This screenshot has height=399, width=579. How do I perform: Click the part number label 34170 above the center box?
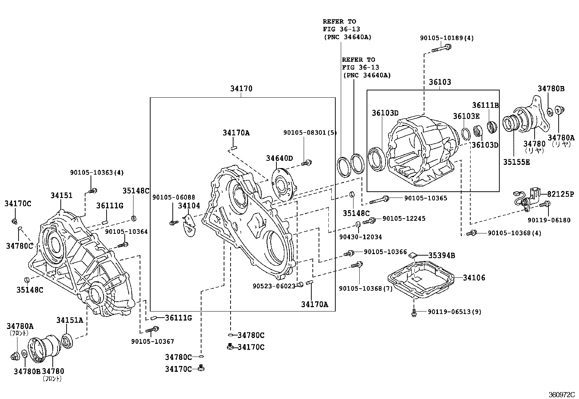241,89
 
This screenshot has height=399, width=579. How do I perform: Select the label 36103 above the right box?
439,82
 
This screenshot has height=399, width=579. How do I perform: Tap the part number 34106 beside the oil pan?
474,278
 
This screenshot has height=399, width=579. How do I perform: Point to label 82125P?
560,194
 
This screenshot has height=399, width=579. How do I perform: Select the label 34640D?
279,158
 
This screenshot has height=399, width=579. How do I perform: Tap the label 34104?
189,206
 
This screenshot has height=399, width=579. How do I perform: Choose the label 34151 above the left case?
61,195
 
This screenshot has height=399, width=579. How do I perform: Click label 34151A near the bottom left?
69,320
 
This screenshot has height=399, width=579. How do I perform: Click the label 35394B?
441,256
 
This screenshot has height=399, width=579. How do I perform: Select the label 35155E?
516,162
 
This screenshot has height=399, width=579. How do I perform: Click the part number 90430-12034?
360,237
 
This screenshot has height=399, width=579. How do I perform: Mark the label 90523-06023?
273,286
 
